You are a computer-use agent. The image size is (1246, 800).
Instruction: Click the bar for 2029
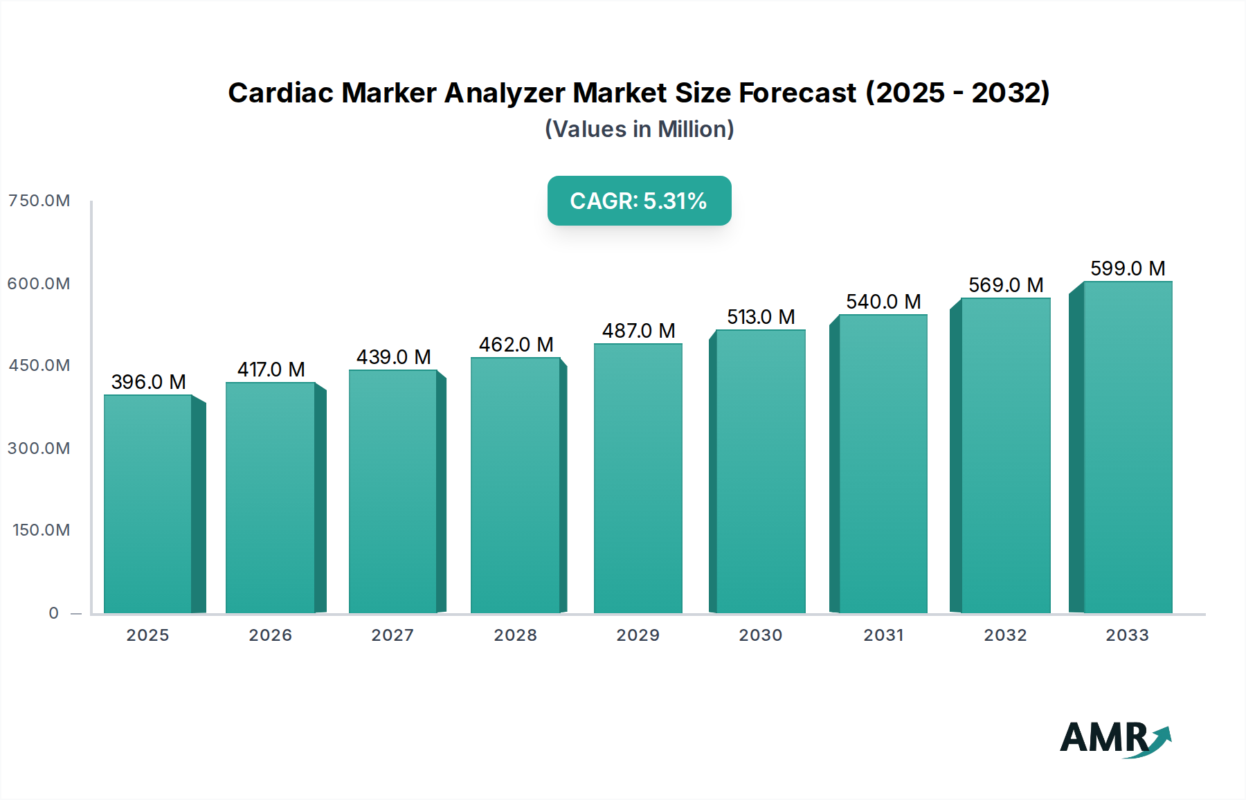[x=638, y=478]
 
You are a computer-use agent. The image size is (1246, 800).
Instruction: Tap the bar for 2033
[x=1128, y=447]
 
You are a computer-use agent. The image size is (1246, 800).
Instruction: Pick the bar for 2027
[x=392, y=491]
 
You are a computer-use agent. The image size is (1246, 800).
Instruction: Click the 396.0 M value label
[x=148, y=382]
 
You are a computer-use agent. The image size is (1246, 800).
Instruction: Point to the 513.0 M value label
[x=761, y=317]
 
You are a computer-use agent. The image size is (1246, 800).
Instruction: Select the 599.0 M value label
[x=1128, y=269]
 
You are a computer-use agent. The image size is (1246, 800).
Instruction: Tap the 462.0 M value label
[x=516, y=345]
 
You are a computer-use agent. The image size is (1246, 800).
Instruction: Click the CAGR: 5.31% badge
[x=639, y=201]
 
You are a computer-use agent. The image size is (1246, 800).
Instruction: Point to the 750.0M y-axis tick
[x=39, y=201]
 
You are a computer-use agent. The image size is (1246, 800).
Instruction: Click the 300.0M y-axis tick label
[x=39, y=448]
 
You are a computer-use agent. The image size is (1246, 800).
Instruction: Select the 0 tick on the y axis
[x=54, y=613]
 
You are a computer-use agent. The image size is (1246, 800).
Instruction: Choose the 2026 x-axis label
[x=271, y=635]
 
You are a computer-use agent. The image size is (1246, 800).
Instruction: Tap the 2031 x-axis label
[x=883, y=635]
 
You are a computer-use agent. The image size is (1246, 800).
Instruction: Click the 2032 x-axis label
[x=1005, y=635]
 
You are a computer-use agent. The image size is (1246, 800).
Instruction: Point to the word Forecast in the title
[x=797, y=93]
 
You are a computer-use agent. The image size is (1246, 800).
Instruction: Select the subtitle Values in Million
[x=639, y=129]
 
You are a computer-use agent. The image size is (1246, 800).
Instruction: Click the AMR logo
[x=1114, y=738]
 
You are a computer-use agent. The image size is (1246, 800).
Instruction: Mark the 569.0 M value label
[x=1006, y=285]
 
